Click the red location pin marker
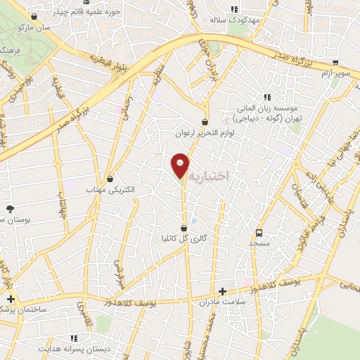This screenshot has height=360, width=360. (x=181, y=165)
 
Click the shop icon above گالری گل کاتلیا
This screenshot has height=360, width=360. (x=184, y=227)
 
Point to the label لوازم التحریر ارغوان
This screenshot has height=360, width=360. (x=204, y=133)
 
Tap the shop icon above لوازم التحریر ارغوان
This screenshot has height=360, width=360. (x=205, y=122)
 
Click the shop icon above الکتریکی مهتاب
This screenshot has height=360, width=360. (x=109, y=178)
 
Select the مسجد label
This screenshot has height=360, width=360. (x=259, y=243)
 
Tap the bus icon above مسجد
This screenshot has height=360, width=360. (x=259, y=233)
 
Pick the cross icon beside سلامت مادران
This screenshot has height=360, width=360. (x=222, y=291)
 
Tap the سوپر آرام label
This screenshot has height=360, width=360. (x=335, y=72)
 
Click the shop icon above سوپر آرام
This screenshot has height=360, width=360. (x=335, y=61)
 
